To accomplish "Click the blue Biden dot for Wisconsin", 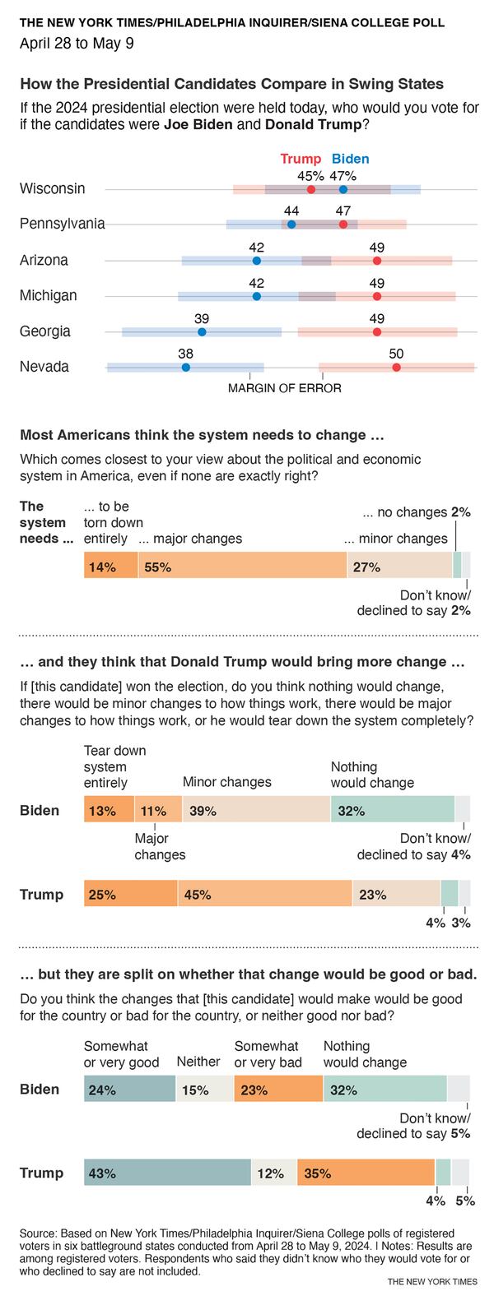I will coord(343,189).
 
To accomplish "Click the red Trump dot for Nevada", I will coord(396,367).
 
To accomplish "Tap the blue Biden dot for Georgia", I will coord(202,331).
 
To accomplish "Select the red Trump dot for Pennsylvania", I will coord(343,224).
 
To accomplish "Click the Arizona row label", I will coord(44,260).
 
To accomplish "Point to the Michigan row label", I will coord(48,295).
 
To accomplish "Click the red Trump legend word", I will coord(301,160).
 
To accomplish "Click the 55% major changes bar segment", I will coord(242,567).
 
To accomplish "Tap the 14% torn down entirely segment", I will coord(110,567).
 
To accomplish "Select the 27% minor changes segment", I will coord(399,567).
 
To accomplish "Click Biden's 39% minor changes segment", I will coord(256,810).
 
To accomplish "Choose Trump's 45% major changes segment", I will coord(264,894).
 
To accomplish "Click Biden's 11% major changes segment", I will coord(157,810).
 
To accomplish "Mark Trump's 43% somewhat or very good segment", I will coord(167,1173).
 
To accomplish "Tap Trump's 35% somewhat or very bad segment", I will coord(365,1173).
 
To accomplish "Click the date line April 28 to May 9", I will coord(77,44).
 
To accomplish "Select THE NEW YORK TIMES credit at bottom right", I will coord(431,1281).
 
